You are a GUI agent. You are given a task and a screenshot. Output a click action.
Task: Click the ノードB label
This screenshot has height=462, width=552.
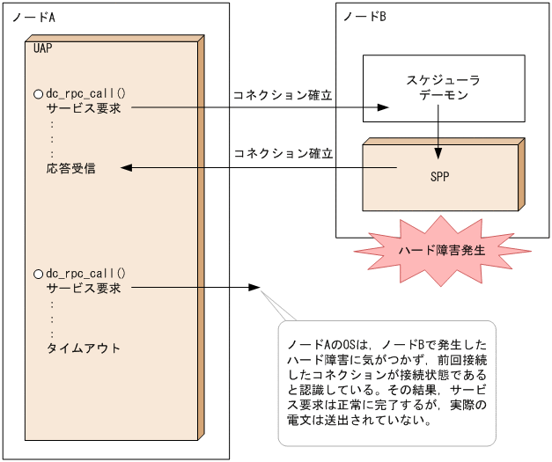[365, 18]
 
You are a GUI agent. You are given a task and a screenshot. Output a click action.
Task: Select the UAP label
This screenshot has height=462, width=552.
[42, 48]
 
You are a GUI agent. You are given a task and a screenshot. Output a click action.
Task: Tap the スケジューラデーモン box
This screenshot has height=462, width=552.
[444, 88]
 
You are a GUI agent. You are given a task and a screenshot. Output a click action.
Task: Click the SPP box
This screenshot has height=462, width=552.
[440, 175]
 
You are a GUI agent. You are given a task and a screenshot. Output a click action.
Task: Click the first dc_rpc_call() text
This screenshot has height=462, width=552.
[86, 93]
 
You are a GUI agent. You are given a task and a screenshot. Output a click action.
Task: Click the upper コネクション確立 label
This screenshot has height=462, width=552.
[283, 95]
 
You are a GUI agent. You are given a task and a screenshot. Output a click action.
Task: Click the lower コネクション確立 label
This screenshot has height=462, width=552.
[283, 153]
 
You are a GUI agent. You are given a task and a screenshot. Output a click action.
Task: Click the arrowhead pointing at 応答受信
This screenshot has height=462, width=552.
[125, 168]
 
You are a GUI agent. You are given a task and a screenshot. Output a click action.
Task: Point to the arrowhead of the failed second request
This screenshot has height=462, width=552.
[254, 288]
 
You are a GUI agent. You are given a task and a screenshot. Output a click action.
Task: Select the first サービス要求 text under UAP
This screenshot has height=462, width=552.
[84, 108]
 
